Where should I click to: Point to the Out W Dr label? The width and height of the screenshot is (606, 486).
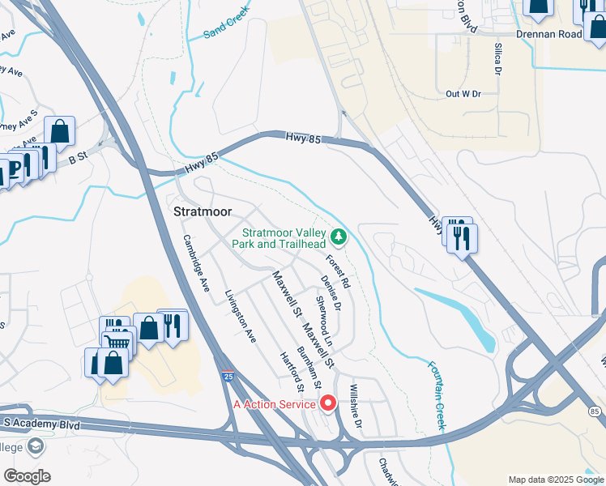pos(463,94)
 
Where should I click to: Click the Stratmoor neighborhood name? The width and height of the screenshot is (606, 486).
pos(203,212)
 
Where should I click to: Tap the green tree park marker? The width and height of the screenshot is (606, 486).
pos(340,237)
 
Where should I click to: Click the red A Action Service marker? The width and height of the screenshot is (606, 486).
pos(328,403)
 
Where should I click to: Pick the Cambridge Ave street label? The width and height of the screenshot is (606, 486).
pos(197,257)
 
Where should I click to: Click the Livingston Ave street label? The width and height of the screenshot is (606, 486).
pos(241,316)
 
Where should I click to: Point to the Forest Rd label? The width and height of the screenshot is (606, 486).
pos(338,272)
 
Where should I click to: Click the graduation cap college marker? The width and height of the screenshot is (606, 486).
pos(35,446)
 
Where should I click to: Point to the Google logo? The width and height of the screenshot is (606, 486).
pos(27,476)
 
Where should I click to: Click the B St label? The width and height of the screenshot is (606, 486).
pos(77,160)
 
